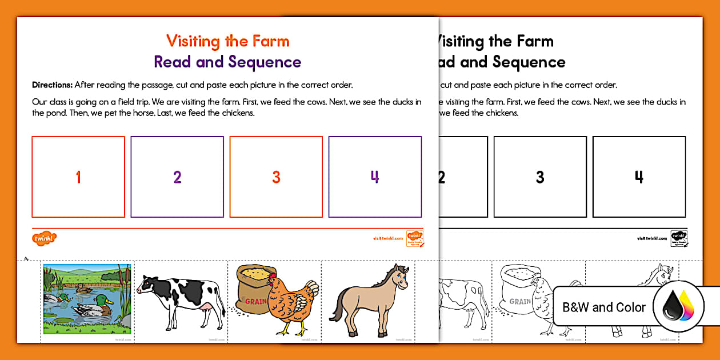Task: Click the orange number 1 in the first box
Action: (x=78, y=177)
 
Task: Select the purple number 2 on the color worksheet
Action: (x=177, y=177)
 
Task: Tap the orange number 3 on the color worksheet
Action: (x=276, y=177)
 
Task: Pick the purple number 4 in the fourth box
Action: (x=375, y=177)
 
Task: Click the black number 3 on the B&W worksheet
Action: (x=540, y=177)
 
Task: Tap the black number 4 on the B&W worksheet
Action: (x=639, y=177)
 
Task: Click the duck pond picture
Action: (x=87, y=299)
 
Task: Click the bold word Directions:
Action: (x=52, y=85)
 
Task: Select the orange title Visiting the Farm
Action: (x=227, y=41)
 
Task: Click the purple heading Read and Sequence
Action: (x=227, y=62)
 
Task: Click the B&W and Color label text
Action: (x=604, y=307)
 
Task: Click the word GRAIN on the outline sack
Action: (x=520, y=301)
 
